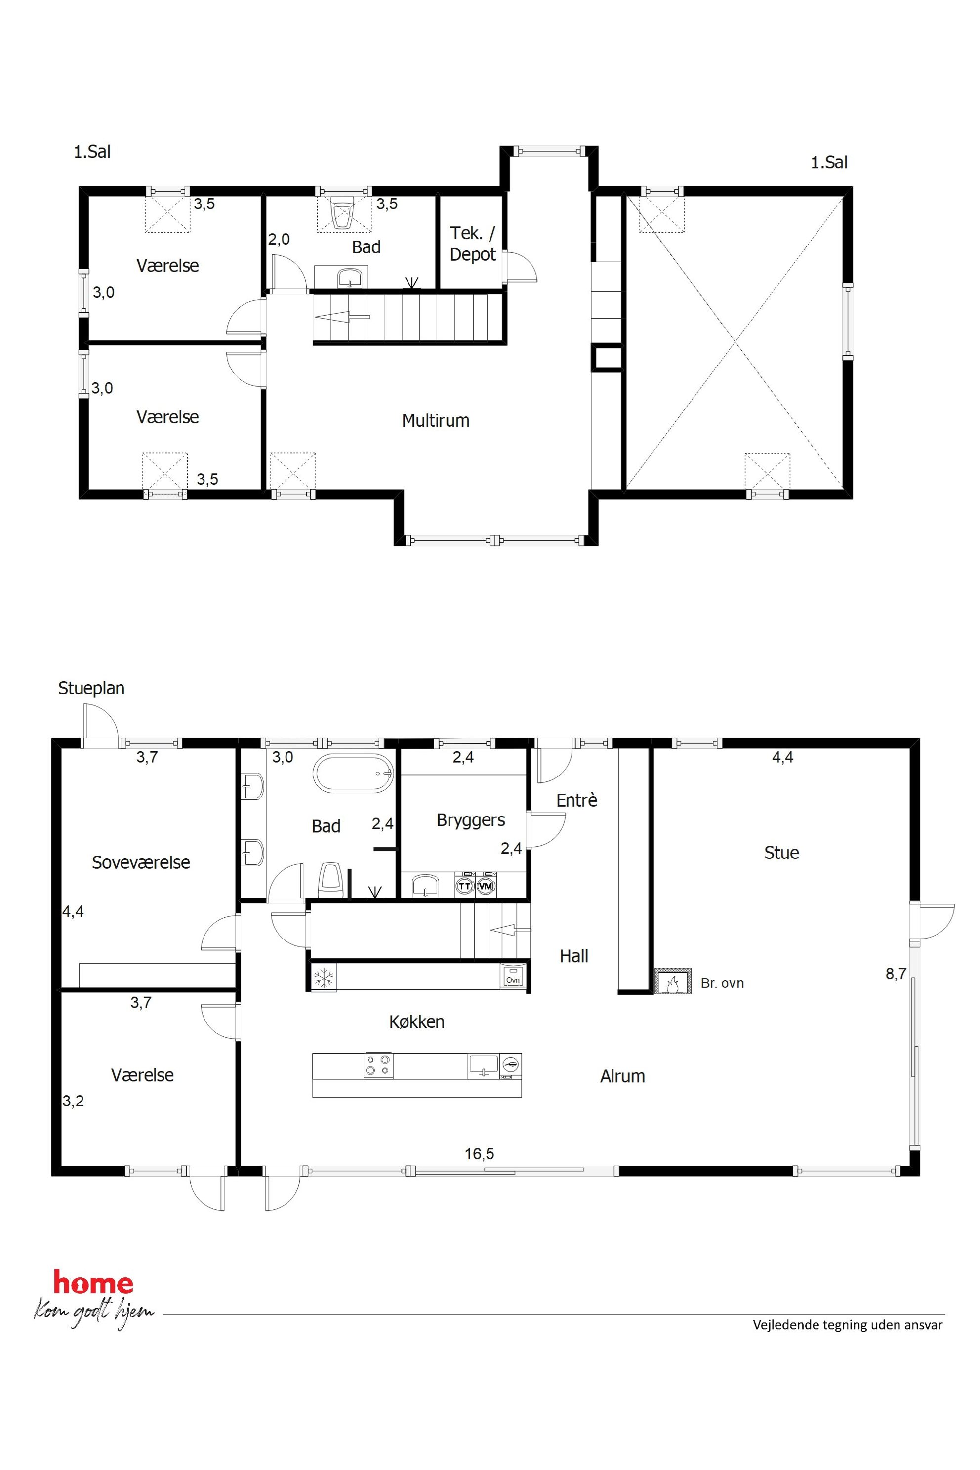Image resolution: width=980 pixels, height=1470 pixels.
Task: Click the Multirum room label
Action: [x=435, y=421]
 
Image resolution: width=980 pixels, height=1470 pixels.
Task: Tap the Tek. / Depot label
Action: [x=473, y=244]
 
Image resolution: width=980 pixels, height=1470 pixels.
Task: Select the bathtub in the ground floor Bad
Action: [x=353, y=773]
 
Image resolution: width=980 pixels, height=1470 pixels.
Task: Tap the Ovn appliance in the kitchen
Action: [x=513, y=976]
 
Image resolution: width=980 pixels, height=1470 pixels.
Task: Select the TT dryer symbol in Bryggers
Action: [x=464, y=886]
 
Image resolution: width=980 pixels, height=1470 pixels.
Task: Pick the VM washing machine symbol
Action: [x=486, y=886]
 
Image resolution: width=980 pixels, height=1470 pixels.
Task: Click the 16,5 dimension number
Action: [x=479, y=1154]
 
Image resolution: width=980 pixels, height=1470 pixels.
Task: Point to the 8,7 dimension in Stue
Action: [x=896, y=973]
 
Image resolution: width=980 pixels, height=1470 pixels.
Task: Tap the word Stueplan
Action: [x=91, y=689]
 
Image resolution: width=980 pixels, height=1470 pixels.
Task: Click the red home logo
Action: [x=94, y=1284]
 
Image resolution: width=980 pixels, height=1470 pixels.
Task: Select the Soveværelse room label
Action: [x=141, y=862]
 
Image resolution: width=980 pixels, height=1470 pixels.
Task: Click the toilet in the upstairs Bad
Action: [x=342, y=212]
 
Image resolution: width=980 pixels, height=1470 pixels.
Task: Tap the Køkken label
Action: [x=417, y=1022]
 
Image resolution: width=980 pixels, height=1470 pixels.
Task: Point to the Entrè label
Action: [x=576, y=800]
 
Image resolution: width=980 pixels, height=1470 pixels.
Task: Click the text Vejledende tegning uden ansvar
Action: [x=848, y=1325]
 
